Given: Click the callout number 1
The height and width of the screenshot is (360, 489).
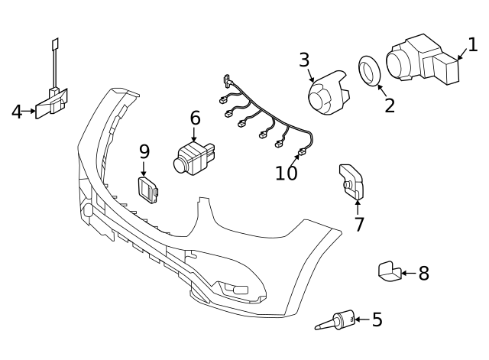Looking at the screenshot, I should pyautogui.click(x=472, y=45).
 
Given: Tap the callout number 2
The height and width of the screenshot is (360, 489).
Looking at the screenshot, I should pyautogui.click(x=390, y=105).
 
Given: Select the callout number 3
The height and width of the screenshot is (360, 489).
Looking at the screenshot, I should pyautogui.click(x=304, y=60).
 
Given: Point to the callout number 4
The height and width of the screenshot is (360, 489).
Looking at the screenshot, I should pyautogui.click(x=17, y=112).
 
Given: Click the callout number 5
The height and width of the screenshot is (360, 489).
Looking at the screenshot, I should pyautogui.click(x=377, y=319).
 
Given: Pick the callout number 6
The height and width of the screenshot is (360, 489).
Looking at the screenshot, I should pyautogui.click(x=195, y=118).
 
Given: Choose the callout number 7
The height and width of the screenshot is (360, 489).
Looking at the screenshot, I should pyautogui.click(x=359, y=225).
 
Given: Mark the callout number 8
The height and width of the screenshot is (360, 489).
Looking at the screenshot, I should pyautogui.click(x=423, y=273).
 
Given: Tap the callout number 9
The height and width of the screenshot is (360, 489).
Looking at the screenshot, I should pyautogui.click(x=144, y=151).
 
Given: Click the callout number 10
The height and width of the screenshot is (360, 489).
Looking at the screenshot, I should pyautogui.click(x=287, y=174).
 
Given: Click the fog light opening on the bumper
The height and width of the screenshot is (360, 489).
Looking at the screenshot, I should pyautogui.click(x=235, y=289).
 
